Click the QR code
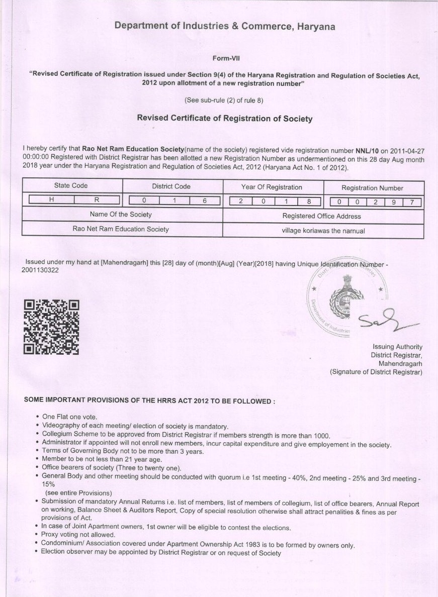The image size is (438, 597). pos(52,327)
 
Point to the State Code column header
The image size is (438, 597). pos(71,186)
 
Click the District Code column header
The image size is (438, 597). pos(171,186)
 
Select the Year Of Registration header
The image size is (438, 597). pos(272,187)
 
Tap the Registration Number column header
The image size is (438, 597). pos(372,188)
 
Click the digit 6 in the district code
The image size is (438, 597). pos(205,200)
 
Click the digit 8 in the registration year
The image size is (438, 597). pos(308,201)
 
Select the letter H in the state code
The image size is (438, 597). pos(51,200)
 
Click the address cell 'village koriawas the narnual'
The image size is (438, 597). pos(323,231)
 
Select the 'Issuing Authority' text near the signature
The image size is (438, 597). pos(397,347)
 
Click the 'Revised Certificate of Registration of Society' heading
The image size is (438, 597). pos(225,119)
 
